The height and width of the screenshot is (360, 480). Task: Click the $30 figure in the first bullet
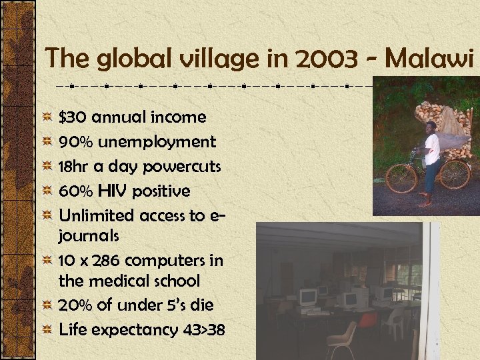pyautogui.click(x=73, y=117)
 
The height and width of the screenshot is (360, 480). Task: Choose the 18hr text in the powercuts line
pyautogui.click(x=75, y=167)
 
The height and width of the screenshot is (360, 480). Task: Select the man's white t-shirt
pyautogui.click(x=432, y=149)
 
